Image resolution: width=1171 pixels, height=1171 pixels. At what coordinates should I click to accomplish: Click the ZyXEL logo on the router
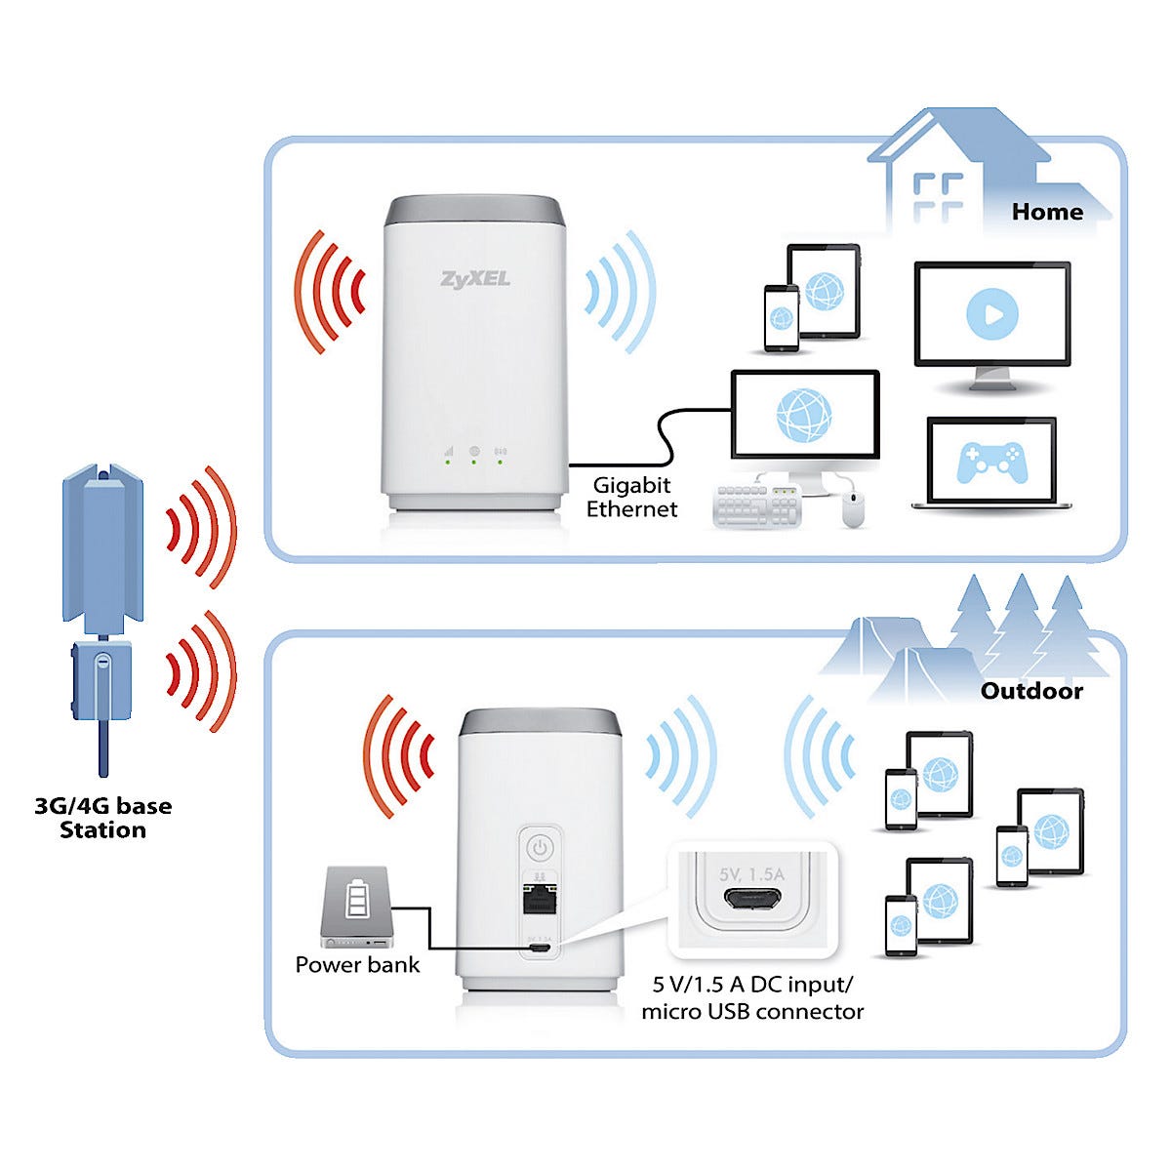tap(475, 279)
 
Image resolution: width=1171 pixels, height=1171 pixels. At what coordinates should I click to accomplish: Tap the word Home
tap(1047, 212)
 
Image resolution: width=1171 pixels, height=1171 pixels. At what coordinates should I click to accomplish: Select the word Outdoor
tap(1031, 691)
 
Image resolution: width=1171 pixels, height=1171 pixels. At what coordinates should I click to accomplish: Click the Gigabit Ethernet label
tap(631, 497)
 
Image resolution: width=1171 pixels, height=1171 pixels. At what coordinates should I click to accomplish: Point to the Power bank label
tap(357, 965)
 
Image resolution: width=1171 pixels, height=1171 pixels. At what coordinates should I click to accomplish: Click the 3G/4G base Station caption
tap(102, 818)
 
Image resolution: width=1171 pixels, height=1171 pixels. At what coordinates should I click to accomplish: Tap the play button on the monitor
tap(991, 314)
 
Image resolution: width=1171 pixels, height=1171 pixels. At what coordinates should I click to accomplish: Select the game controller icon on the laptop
tap(990, 462)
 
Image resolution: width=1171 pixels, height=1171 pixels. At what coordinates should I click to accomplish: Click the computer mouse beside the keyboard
tap(853, 508)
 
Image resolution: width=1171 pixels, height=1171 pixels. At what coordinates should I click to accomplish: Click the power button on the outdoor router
tap(539, 845)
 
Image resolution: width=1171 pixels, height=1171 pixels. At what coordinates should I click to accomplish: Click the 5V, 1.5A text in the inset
tap(751, 874)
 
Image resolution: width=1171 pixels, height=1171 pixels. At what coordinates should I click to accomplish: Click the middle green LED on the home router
tap(473, 462)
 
